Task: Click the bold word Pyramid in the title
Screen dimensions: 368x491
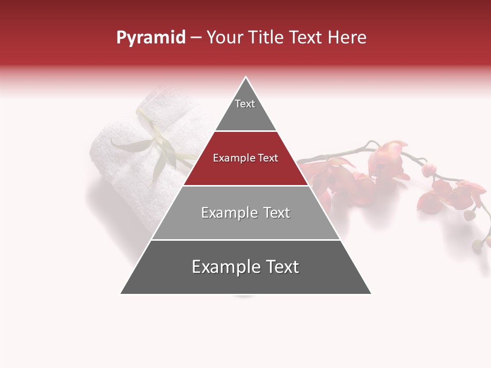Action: click(x=150, y=38)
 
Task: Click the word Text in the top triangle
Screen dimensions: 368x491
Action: click(x=245, y=104)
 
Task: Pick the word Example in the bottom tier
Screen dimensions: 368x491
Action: click(x=221, y=267)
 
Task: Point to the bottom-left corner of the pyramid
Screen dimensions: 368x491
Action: click(x=121, y=293)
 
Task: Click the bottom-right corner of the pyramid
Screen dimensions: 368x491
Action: click(x=371, y=293)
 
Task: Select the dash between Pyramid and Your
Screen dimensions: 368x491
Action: click(x=196, y=38)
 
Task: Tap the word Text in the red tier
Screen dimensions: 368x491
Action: click(x=267, y=158)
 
